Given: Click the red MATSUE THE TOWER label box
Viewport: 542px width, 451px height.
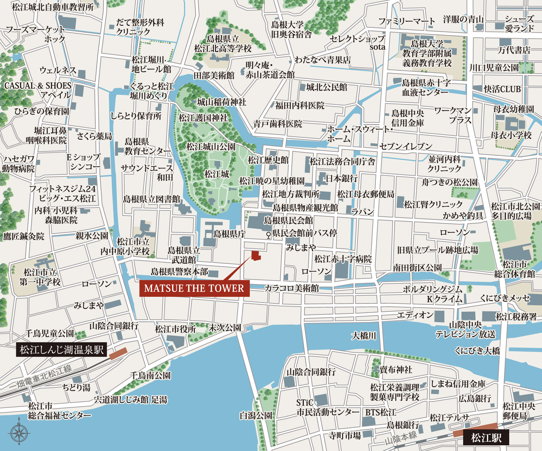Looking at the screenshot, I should tap(194, 288).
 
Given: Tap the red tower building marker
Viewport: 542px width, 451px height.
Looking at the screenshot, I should tap(256, 256).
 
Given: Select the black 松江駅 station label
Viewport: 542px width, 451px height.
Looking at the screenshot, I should tap(486, 437).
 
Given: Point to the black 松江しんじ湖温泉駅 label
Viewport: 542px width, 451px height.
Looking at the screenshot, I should tap(62, 350).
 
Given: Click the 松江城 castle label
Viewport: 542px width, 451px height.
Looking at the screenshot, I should tap(217, 174).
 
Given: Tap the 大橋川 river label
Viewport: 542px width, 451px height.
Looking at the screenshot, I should tap(364, 336).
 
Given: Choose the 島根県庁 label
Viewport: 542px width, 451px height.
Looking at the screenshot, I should tap(230, 234).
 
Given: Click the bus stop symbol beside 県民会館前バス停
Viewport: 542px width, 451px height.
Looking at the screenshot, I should tap(268, 235).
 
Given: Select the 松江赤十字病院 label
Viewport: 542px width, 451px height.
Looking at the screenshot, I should tap(343, 259).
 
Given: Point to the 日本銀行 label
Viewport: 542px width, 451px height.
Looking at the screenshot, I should tap(341, 178).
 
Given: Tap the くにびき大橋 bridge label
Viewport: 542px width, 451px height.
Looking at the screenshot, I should tap(477, 351).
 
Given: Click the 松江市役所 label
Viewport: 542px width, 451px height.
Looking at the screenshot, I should tap(175, 329).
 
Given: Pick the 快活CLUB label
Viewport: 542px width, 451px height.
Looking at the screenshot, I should tap(502, 89).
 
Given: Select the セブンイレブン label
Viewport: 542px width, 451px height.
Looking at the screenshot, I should tap(406, 146).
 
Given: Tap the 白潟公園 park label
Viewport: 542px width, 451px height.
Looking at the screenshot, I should tap(256, 415).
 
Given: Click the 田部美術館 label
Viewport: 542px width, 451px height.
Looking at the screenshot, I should tap(214, 75).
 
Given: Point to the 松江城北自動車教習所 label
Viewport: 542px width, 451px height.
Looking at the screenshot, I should tap(53, 7).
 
